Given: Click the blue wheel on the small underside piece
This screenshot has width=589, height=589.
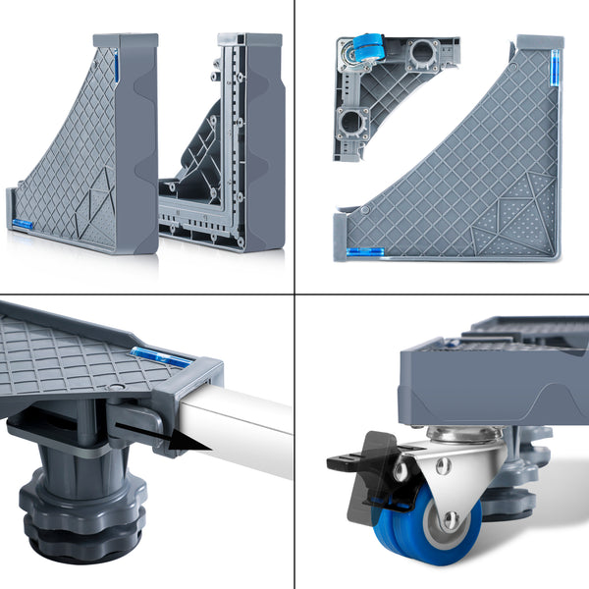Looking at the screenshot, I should pyautogui.click(x=366, y=45).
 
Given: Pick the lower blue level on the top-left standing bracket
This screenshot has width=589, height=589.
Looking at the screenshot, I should pyautogui.click(x=22, y=225).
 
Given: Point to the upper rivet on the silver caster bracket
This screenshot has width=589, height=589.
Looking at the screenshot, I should pyautogui.click(x=443, y=464).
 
